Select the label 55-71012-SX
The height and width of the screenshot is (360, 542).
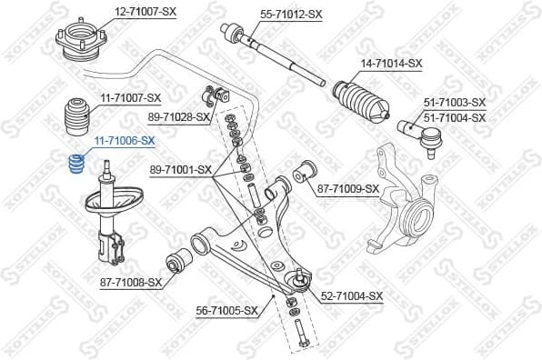pyautogui.click(x=291, y=15)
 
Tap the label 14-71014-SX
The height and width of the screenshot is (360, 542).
pyautogui.click(x=392, y=63)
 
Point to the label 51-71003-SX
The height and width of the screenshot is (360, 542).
pyautogui.click(x=455, y=105)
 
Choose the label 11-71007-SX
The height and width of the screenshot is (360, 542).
pyautogui.click(x=130, y=97)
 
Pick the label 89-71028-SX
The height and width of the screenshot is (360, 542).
pyautogui.click(x=179, y=117)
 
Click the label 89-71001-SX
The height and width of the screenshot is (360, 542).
pyautogui.click(x=180, y=169)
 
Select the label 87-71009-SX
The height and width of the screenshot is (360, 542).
pyautogui.click(x=347, y=189)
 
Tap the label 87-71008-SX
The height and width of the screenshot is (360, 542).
pyautogui.click(x=131, y=282)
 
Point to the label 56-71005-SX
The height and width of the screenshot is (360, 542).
pyautogui.click(x=228, y=310)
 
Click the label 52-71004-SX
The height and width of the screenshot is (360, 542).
pyautogui.click(x=352, y=296)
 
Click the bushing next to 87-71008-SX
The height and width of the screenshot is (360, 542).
pyautogui.click(x=177, y=265)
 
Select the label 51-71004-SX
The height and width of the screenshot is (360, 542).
pyautogui.click(x=455, y=117)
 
